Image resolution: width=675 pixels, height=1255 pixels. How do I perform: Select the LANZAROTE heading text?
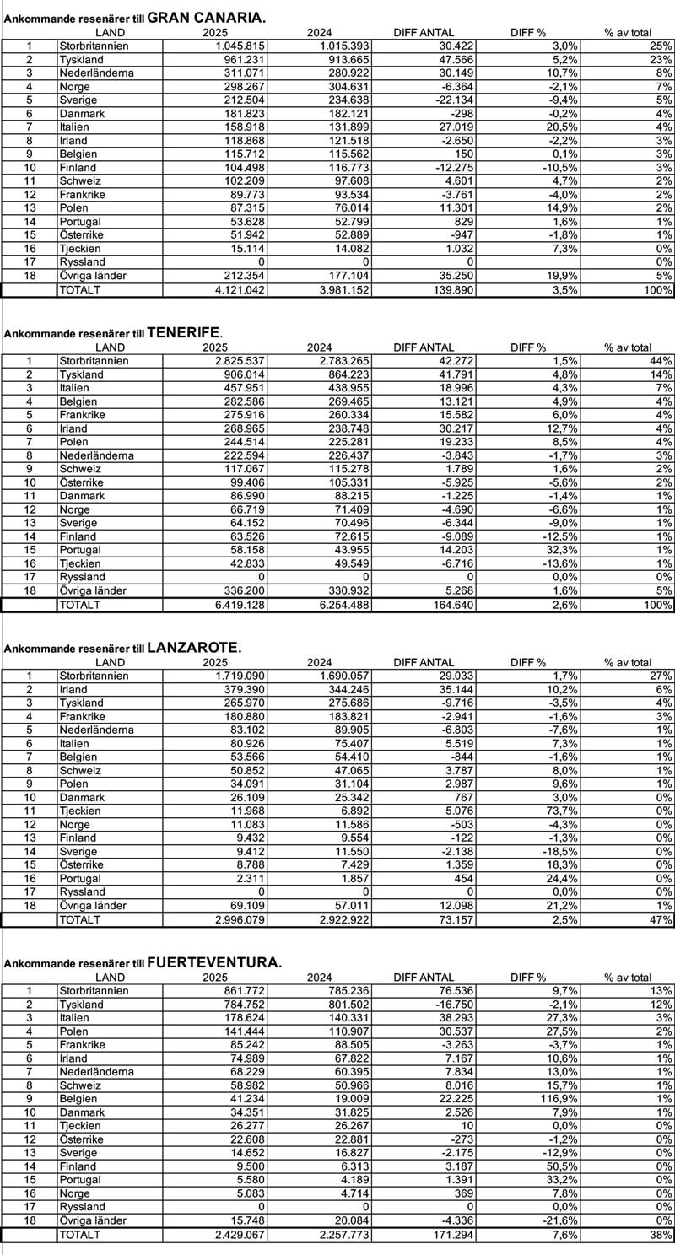[193, 648]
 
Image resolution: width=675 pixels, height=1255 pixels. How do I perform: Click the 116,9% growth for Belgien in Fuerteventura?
[526, 1099]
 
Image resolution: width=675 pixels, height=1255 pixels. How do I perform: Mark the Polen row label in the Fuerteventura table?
[74, 1031]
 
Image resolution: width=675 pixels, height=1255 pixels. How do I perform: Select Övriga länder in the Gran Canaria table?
[93, 276]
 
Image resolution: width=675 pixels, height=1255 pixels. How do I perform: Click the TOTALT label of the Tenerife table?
[79, 605]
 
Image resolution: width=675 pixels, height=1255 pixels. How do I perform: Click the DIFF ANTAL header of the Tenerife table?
[424, 347]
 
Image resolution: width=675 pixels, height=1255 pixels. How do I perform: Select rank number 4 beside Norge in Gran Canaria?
[30, 86]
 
